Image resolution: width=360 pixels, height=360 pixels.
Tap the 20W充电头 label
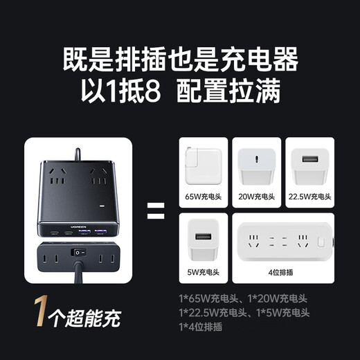258,197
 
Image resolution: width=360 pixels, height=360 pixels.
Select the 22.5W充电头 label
310,197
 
